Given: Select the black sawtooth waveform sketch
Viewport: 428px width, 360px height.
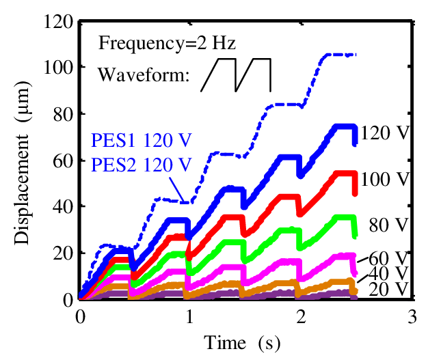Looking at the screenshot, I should [236, 74].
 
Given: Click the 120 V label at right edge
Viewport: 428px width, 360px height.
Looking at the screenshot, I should [385, 133].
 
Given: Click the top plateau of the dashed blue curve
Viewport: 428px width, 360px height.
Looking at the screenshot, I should [339, 55].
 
